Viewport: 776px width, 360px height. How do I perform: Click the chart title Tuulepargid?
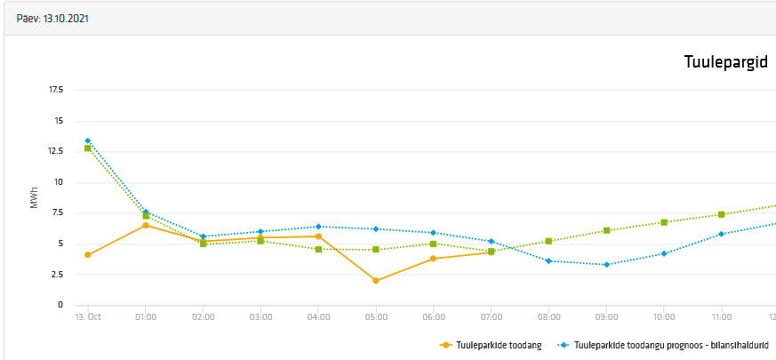coord(725,62)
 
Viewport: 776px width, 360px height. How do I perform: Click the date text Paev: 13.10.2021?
coord(52,18)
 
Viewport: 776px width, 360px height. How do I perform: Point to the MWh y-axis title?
coord(35,197)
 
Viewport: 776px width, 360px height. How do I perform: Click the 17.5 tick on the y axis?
coord(55,90)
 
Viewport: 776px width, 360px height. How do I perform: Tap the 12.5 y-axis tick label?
coord(55,151)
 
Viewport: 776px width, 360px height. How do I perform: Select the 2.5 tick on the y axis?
coord(57,274)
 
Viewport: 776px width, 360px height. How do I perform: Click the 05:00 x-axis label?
coord(376,316)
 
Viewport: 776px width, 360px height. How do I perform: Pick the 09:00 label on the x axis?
coord(606,316)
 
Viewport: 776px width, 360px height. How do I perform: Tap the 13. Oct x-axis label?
coord(87,316)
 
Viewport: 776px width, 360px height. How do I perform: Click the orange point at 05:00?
coord(376,281)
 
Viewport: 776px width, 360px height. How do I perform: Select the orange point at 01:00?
coord(146,226)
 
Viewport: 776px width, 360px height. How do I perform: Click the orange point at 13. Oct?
coord(88,255)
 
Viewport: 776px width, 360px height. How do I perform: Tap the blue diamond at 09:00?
coord(606,265)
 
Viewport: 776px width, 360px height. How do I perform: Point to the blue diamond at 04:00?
coord(318,227)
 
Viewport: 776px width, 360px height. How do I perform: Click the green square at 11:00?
coord(722,214)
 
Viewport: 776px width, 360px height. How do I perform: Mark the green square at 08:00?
coord(549,241)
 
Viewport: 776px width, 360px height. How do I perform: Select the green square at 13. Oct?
coord(88,148)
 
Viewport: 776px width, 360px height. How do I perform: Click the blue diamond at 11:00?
coord(722,234)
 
